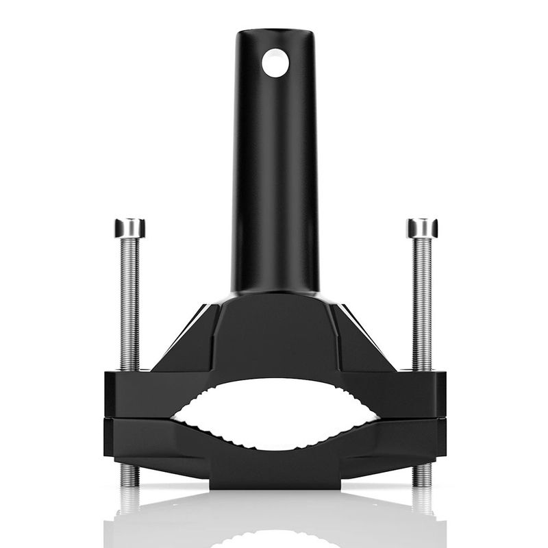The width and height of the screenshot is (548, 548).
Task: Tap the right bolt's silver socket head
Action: (421, 227)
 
